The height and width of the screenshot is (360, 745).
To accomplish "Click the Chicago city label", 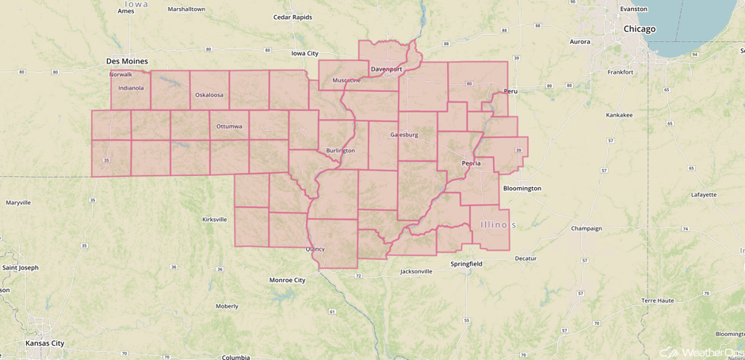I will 639,29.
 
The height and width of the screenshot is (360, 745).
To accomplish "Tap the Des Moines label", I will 127,61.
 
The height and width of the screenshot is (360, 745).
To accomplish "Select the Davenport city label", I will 387,69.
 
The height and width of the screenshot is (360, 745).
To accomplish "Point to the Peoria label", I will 471,163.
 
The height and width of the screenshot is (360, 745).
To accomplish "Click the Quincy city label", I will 315,249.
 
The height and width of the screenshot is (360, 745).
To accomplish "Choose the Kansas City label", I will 44,343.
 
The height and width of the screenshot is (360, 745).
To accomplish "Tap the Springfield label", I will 466,264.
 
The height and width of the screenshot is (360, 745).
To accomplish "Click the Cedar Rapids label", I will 292,17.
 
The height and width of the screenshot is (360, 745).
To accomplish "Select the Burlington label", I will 340,150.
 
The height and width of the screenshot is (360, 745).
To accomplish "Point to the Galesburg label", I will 403,135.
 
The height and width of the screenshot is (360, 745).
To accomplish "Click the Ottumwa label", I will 229,126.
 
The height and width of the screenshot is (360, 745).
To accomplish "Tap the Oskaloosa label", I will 209,95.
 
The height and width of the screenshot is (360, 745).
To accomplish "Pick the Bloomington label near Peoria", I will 521,189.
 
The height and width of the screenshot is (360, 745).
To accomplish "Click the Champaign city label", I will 586,228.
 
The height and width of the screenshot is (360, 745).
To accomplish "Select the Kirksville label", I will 214,220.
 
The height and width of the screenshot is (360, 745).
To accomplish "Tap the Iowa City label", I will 304,53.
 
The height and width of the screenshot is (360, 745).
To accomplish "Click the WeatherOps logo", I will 702,352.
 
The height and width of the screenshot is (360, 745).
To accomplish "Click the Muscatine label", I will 346,80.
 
